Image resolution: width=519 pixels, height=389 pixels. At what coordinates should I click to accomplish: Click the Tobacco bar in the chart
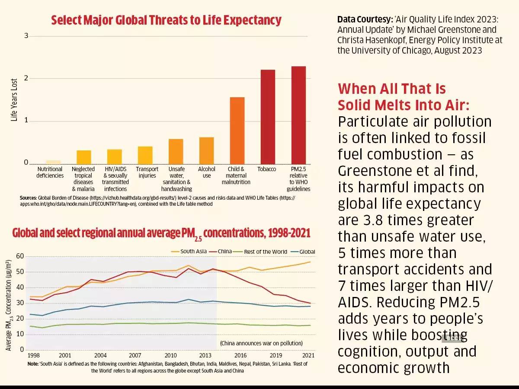coord(267,117)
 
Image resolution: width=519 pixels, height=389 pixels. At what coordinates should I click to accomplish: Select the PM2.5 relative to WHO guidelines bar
coord(298,115)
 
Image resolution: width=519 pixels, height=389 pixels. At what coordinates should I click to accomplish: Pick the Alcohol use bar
coord(206,150)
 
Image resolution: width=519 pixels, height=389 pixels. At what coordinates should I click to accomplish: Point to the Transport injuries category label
coord(147,172)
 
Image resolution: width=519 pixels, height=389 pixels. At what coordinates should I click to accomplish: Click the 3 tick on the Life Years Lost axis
coord(26,36)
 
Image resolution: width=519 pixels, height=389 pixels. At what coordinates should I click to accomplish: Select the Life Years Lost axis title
coord(14,100)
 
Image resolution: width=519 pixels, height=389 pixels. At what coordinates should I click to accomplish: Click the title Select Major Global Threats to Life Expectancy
coord(166,20)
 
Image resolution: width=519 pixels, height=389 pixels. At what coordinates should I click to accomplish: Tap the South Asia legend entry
coord(190,252)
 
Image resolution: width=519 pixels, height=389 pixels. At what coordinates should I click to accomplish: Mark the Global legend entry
coord(302,252)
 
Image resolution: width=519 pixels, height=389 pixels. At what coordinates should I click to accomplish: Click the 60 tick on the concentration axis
coord(20,256)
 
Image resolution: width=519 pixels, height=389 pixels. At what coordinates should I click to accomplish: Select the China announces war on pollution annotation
coord(261,343)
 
